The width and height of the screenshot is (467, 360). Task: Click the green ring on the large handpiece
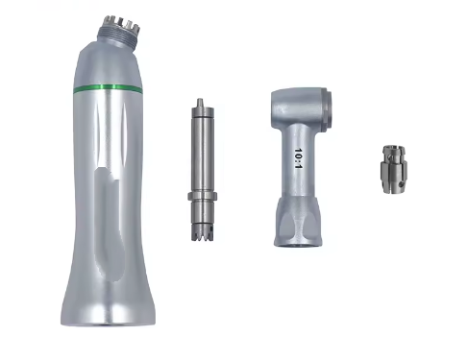point(108,89)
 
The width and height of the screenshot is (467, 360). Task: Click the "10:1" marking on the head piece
point(298,158)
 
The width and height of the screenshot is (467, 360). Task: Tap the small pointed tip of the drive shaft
point(200,103)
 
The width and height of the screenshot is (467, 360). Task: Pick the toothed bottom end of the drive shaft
point(203,232)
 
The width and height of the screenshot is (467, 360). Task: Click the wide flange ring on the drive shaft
point(203,196)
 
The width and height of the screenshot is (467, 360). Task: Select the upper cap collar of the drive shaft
point(203,112)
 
